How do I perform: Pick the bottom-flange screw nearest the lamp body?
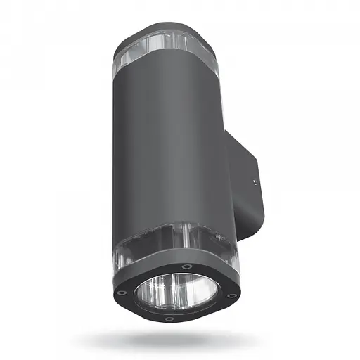(x=186, y=266)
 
